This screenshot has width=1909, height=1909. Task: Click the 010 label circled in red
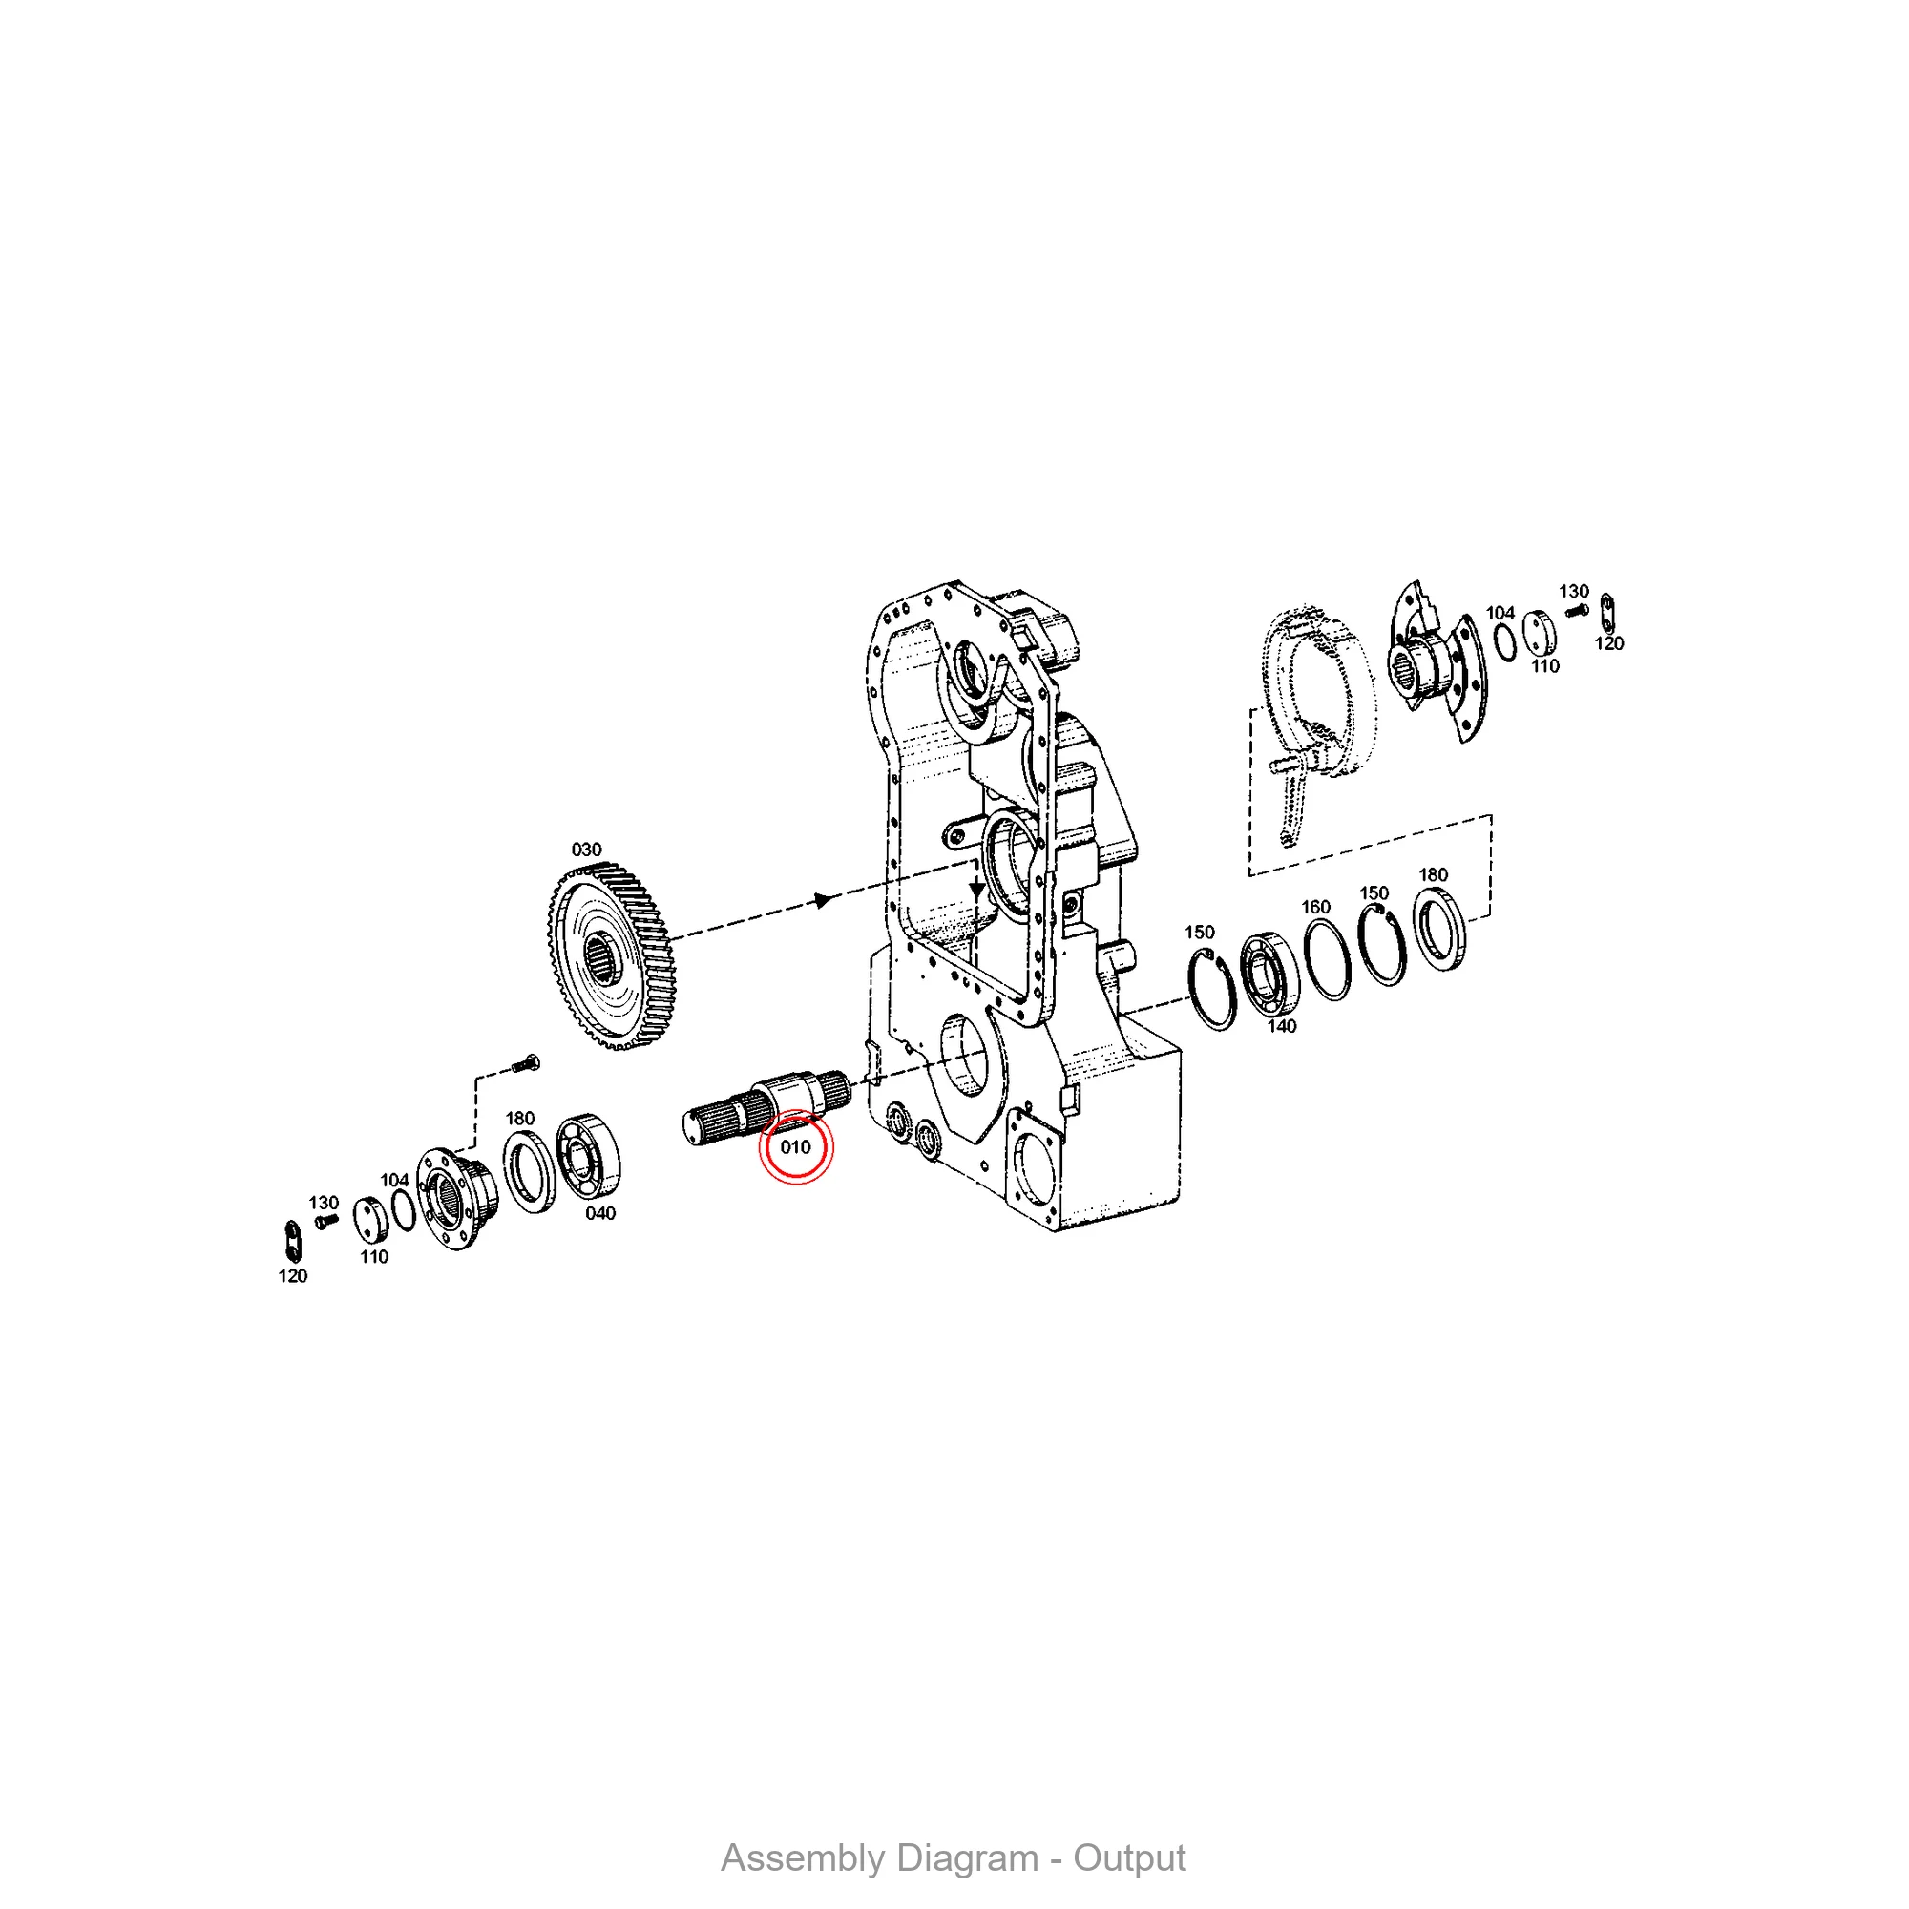[x=795, y=1147]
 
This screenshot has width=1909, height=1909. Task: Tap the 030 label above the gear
[x=586, y=850]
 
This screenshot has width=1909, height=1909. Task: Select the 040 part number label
[x=600, y=1213]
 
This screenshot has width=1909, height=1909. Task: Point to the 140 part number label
[x=1282, y=1027]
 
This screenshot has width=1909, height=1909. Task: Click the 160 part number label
[x=1315, y=907]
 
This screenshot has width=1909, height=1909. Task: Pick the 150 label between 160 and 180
[x=1374, y=893]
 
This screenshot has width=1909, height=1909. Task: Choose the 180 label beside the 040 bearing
[x=520, y=1119]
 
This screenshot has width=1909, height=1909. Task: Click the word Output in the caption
[x=1129, y=1858]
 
